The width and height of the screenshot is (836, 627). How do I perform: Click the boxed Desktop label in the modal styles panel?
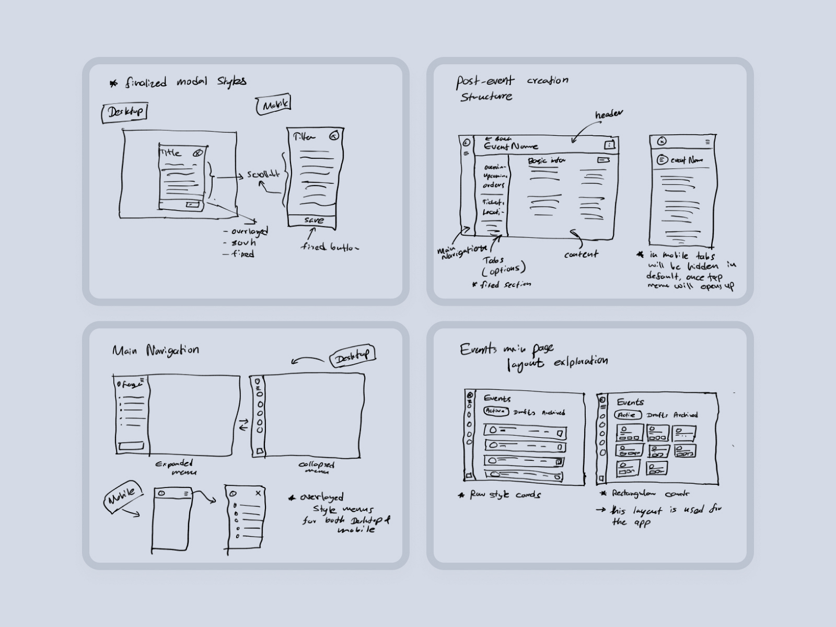[x=124, y=112]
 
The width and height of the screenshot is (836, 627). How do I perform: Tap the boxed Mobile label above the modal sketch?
[x=274, y=105]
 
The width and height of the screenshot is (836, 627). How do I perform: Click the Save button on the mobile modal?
[x=313, y=220]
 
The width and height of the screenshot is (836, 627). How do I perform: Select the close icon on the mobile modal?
[x=334, y=136]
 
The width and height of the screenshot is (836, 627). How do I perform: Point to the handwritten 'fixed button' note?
[x=330, y=247]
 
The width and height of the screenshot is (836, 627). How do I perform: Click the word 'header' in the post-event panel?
[x=609, y=114]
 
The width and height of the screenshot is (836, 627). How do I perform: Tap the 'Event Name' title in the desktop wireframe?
[x=510, y=147]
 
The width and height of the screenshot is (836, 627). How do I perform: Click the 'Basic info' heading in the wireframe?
[x=547, y=161]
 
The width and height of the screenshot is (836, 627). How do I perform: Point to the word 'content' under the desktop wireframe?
[x=581, y=254]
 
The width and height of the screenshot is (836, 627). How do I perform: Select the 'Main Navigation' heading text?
[x=156, y=350]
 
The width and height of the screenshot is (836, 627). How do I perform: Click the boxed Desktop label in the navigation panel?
[x=353, y=357]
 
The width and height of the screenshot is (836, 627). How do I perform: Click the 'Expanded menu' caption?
[x=175, y=467]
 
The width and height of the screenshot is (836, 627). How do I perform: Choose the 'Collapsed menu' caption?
[x=316, y=467]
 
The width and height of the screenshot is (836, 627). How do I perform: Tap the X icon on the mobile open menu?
[x=258, y=493]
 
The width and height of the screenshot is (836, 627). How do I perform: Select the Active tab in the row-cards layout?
[x=495, y=411]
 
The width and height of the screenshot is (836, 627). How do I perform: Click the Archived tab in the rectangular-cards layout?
[x=685, y=415]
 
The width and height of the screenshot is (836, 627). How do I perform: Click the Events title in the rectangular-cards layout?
[x=630, y=402]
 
